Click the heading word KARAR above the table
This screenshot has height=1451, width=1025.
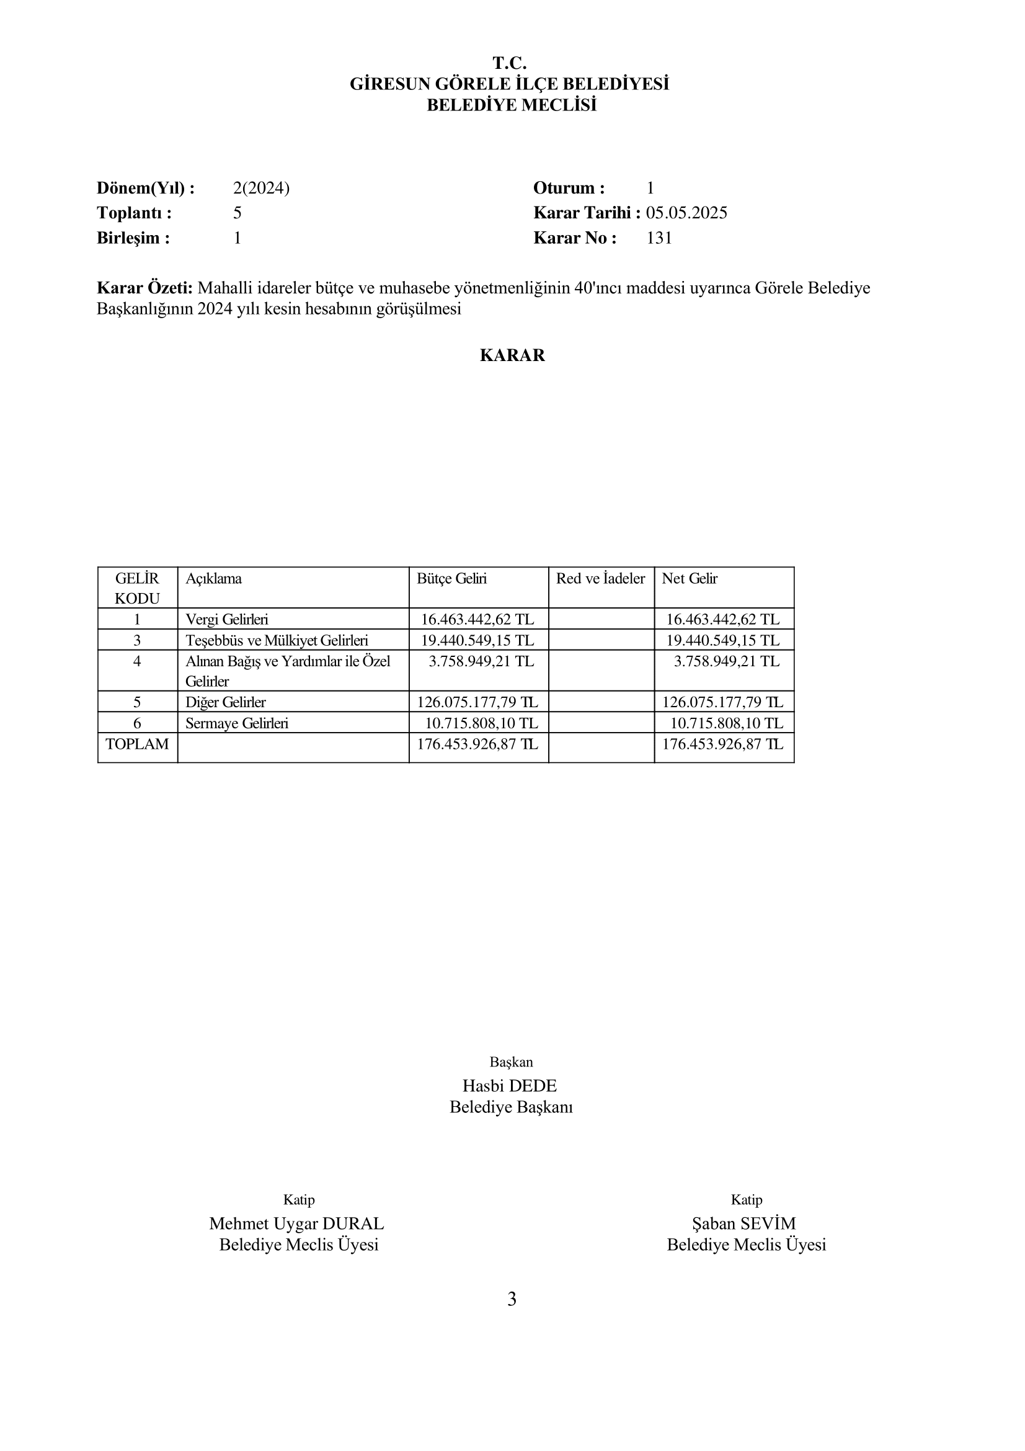pyautogui.click(x=512, y=355)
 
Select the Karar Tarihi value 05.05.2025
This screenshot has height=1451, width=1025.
pyautogui.click(x=686, y=213)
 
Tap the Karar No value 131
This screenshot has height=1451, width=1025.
pyautogui.click(x=659, y=238)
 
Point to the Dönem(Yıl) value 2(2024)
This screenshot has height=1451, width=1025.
pyautogui.click(x=261, y=189)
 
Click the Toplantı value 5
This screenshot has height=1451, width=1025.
pyautogui.click(x=237, y=213)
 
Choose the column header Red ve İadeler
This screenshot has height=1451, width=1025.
pyautogui.click(x=600, y=579)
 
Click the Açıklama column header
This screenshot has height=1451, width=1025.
pyautogui.click(x=213, y=579)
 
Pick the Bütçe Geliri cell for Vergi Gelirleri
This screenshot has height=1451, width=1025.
pyautogui.click(x=477, y=619)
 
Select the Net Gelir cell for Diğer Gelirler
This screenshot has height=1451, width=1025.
pyautogui.click(x=722, y=702)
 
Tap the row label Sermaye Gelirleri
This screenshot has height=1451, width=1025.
pyautogui.click(x=237, y=723)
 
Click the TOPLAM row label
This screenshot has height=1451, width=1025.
pyautogui.click(x=137, y=744)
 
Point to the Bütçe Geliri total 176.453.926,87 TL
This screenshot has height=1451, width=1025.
pyautogui.click(x=477, y=744)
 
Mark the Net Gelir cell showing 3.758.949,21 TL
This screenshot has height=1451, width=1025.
pyautogui.click(x=726, y=662)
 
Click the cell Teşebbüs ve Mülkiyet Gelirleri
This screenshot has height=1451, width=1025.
pyautogui.click(x=277, y=641)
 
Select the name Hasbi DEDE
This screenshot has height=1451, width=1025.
pyautogui.click(x=510, y=1086)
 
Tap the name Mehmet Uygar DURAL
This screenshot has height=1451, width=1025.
pyautogui.click(x=297, y=1223)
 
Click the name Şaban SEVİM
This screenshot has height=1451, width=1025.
pyautogui.click(x=744, y=1223)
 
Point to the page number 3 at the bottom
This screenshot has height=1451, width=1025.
pyautogui.click(x=512, y=1300)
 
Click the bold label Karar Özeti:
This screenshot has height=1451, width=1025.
pyautogui.click(x=144, y=288)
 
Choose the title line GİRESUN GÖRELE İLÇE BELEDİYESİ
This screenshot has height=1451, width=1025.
pyautogui.click(x=510, y=84)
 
